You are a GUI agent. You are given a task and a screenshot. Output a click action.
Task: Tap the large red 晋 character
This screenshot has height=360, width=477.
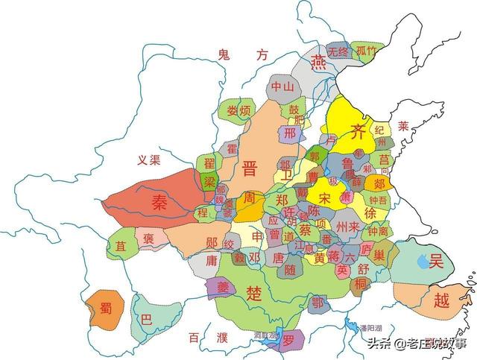tap(251, 168)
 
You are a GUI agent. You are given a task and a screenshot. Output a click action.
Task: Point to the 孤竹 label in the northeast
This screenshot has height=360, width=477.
tap(367, 51)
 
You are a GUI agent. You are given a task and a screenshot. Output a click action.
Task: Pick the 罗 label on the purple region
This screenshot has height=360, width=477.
tap(288, 339)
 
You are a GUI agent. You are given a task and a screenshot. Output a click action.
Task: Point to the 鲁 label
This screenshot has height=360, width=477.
tap(347, 163)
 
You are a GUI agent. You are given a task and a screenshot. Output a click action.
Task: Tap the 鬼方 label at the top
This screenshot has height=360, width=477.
tap(241, 54)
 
